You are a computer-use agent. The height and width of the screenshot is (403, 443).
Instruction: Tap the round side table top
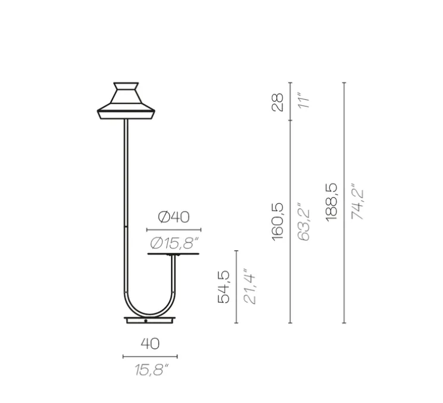pyautogui.click(x=174, y=254)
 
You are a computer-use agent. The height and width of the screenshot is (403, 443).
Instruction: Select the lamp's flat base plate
pyautogui.click(x=150, y=320)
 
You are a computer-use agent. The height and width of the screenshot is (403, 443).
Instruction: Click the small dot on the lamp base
pyautogui.click(x=146, y=321)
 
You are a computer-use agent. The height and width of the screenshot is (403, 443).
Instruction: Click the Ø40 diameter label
pyautogui.click(x=174, y=217)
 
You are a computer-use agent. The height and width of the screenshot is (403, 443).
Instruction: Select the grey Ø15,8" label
pyautogui.click(x=174, y=243)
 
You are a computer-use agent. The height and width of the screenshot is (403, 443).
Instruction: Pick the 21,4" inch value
pyautogui.click(x=251, y=287)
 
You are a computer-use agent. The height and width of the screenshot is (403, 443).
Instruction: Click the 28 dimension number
pyautogui.click(x=277, y=102)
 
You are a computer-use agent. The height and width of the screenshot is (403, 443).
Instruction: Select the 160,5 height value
pyautogui.click(x=277, y=221)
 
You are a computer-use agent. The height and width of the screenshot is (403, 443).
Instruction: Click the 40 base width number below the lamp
pyautogui.click(x=150, y=344)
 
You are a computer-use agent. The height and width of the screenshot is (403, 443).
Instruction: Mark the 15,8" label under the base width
pyautogui.click(x=150, y=370)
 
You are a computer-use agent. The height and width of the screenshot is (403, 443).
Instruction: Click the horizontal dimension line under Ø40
pyautogui.click(x=174, y=229)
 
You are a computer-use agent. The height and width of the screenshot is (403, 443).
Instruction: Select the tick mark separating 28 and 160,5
pyautogui.click(x=290, y=120)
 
